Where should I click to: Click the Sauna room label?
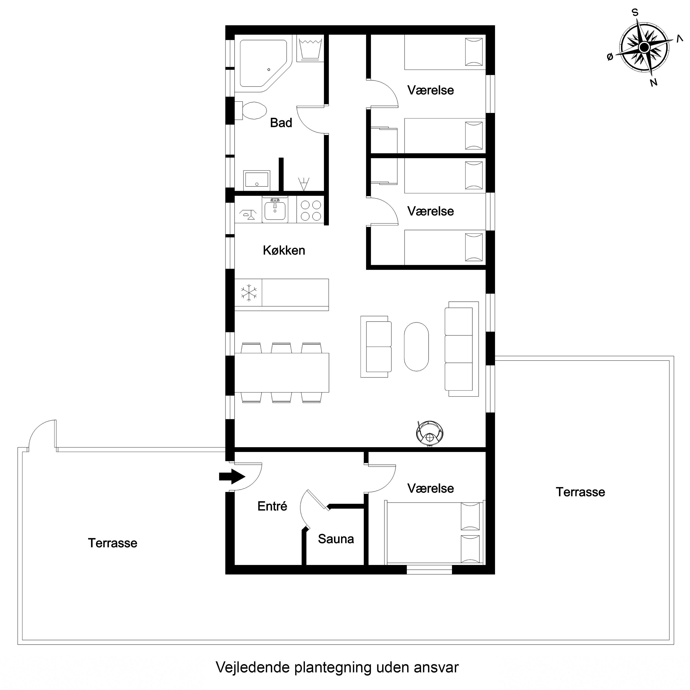pyautogui.click(x=336, y=539)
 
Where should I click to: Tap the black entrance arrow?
pyautogui.click(x=232, y=476)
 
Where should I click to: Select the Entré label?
pyautogui.click(x=272, y=506)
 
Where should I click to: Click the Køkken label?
pyautogui.click(x=284, y=250)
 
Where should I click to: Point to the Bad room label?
pyautogui.click(x=281, y=123)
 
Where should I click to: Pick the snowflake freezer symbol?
pyautogui.click(x=249, y=293)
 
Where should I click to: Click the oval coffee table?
pyautogui.click(x=416, y=347)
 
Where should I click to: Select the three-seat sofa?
pyautogui.click(x=461, y=349)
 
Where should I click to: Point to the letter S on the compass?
pyautogui.click(x=635, y=13)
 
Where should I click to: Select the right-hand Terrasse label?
pyautogui.click(x=580, y=492)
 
